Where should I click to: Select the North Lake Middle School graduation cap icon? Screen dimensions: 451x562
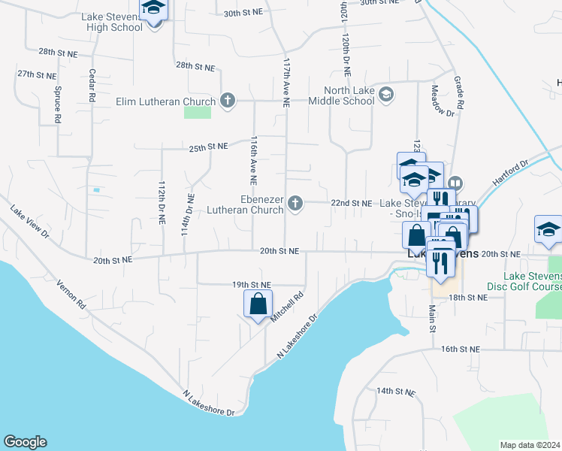pos(386,94)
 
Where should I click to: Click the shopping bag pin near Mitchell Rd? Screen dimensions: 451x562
pos(258,304)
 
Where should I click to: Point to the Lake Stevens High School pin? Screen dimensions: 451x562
pos(155,11)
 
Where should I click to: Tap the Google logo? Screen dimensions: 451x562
pos(25,442)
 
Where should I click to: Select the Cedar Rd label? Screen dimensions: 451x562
pos(92,86)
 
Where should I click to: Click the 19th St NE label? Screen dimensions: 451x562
pos(251,285)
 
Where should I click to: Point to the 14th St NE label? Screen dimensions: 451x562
pos(396,392)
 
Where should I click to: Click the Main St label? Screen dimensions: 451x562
pos(433,314)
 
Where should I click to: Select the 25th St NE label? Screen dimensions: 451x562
pos(208,147)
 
